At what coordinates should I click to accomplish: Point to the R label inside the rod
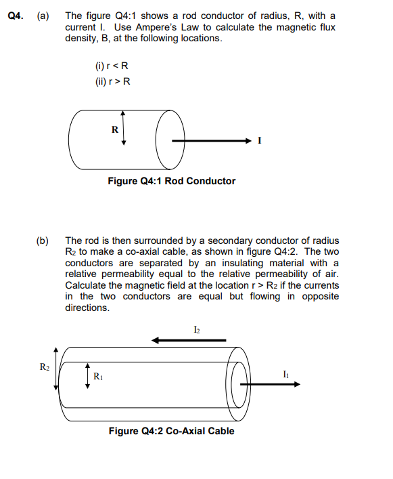[114, 129]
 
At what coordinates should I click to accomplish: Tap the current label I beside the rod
[260, 141]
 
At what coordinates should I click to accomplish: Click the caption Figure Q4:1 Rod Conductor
[172, 181]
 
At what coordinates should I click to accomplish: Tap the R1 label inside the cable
[97, 375]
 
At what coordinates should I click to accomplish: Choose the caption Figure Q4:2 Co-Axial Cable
[172, 431]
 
